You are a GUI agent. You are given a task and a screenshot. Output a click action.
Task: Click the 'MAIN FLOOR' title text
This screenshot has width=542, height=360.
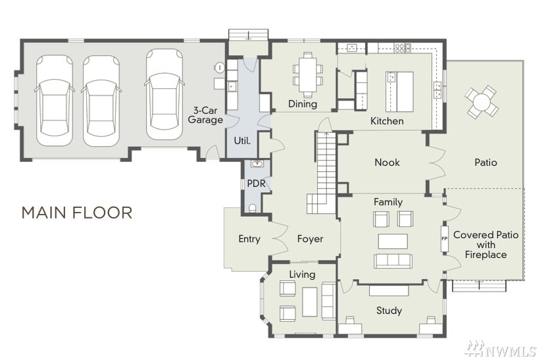point(77,213)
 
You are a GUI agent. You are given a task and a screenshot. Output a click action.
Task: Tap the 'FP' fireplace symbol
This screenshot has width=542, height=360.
point(444,239)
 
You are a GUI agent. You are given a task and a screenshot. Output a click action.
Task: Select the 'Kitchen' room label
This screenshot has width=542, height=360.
point(387,121)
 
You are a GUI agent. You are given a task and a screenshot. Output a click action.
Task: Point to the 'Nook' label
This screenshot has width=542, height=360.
point(387,162)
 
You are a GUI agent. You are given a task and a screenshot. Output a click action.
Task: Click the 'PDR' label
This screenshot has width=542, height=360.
point(256,184)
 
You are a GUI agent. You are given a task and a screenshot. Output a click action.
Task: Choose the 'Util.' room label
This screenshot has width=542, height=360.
point(242,141)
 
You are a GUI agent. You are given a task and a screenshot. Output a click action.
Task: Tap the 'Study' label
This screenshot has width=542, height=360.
point(389,311)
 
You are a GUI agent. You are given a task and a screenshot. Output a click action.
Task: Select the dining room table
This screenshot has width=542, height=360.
point(308,74)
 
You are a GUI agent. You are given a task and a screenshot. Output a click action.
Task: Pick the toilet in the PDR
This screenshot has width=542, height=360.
point(253,208)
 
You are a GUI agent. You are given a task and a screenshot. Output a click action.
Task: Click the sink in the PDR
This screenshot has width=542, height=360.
point(257,163)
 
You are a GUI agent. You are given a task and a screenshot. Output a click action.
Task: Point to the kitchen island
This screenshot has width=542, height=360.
point(399,91)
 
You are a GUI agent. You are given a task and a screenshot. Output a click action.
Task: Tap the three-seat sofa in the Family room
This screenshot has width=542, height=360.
point(393,261)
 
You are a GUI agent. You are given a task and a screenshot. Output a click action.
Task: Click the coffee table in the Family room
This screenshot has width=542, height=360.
point(393,242)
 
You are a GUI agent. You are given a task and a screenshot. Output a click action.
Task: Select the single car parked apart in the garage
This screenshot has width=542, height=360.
point(164,94)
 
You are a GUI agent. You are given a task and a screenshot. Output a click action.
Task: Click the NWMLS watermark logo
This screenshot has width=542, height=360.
point(502,349)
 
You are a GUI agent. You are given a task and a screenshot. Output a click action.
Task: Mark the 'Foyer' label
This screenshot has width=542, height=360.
point(310,239)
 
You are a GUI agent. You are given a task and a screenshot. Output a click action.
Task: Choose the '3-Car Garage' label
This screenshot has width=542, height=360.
point(205,115)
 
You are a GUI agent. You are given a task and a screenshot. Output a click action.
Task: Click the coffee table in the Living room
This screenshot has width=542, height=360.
point(309,302)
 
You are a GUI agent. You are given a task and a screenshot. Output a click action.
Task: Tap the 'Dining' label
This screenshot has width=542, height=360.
point(303,104)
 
